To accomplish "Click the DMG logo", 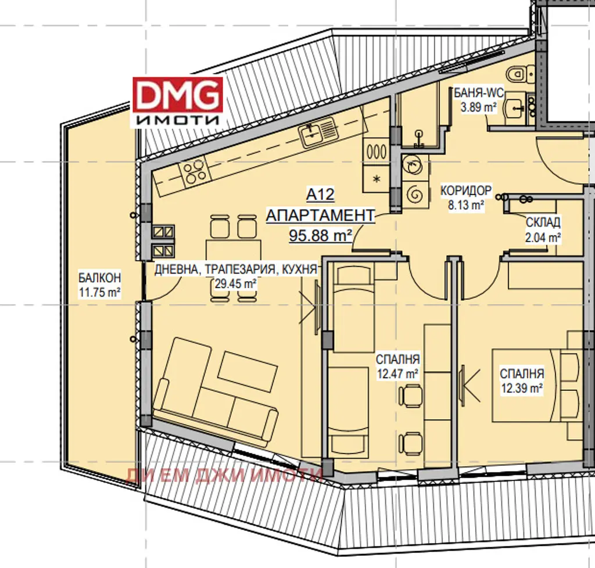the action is (x=178, y=102).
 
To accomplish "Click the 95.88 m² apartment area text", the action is (x=321, y=235).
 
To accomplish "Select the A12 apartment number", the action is (x=321, y=195).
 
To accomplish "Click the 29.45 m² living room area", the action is (x=235, y=283).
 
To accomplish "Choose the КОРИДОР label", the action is (x=466, y=190).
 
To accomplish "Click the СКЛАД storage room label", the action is (x=543, y=222).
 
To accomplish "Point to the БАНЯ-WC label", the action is (x=479, y=92).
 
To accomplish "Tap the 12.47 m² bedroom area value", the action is (x=397, y=374).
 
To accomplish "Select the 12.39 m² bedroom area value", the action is (x=522, y=389).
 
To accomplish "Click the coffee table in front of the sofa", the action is (x=248, y=371).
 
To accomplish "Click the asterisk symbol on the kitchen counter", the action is (x=377, y=179).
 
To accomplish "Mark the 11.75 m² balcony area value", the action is (x=100, y=292).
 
